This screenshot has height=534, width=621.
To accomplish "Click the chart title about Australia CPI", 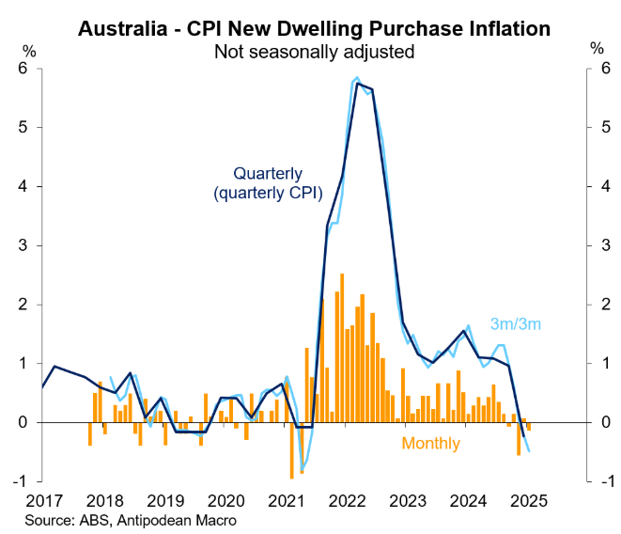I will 314,28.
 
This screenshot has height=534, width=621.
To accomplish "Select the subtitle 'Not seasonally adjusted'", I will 314,52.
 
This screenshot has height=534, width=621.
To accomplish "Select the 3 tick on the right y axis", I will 598,245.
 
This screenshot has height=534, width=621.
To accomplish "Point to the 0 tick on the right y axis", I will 598,422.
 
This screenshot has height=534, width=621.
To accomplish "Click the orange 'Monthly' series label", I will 431,444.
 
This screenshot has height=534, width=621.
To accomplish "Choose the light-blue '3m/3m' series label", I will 515,324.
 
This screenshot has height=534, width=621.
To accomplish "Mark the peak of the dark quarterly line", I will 358,84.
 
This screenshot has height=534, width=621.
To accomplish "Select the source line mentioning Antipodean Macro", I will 131,520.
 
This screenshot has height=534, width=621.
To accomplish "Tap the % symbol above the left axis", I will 30,48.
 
